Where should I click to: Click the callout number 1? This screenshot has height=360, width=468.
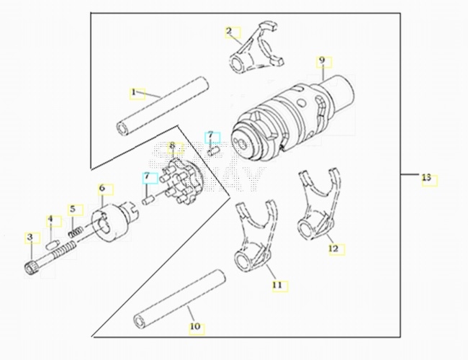click(134, 92)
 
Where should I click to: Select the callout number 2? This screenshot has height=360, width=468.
click(229, 31)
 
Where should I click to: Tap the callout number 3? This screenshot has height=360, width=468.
click(30, 238)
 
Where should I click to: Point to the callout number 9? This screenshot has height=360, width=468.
click(322, 60)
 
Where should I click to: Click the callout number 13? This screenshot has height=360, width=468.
click(427, 178)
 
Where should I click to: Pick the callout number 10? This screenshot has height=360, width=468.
click(195, 326)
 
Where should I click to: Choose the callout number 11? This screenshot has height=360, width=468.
click(277, 285)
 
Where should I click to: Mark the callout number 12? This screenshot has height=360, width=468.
click(333, 248)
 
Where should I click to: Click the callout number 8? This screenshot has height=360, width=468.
click(172, 145)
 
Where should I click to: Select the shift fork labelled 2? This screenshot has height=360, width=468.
click(257, 48)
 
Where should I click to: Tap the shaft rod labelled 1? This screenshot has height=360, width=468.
click(162, 106)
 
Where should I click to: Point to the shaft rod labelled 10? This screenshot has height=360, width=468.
click(179, 299)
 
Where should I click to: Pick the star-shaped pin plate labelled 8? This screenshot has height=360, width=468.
click(182, 182)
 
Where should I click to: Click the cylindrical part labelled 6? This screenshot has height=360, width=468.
click(115, 221)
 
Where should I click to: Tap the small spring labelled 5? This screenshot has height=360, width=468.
click(75, 232)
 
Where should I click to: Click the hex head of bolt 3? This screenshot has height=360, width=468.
click(32, 266)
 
